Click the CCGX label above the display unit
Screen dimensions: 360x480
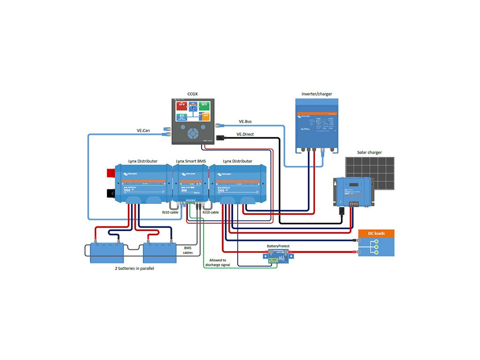[x=192, y=94]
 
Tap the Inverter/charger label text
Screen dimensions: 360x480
[x=316, y=94]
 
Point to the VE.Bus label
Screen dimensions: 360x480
[x=245, y=121]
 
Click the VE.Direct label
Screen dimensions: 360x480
[x=245, y=134]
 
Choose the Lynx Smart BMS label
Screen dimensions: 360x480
[x=191, y=161]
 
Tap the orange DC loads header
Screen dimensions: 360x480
[x=376, y=233]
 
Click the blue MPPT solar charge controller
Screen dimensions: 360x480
[x=353, y=191]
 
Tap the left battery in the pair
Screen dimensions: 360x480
[x=104, y=253]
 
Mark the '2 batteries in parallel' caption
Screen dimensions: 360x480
[x=135, y=269]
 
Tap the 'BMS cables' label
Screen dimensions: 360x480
[x=187, y=250]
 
